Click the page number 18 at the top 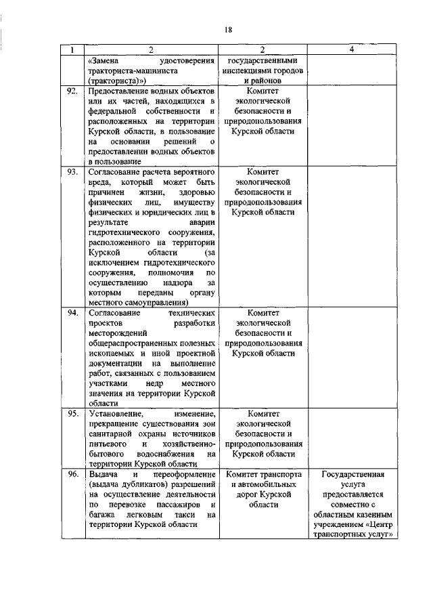(x=228, y=29)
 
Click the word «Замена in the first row (x=105, y=60)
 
